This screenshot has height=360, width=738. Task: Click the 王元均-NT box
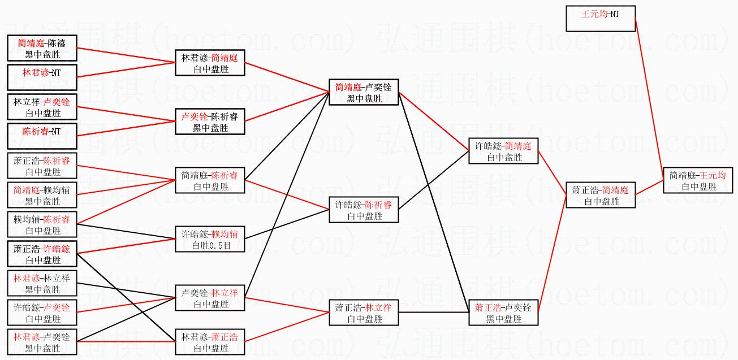[601, 18]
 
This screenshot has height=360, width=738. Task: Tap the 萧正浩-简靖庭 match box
[601, 196]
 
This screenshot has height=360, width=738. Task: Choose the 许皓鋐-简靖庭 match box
[503, 151]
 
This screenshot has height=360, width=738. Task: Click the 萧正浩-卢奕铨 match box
[503, 313]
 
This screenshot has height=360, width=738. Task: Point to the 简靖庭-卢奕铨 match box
[364, 93]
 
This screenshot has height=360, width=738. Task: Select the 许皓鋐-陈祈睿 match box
[364, 210]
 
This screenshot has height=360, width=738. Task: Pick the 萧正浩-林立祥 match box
[364, 313]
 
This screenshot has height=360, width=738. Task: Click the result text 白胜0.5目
[210, 246]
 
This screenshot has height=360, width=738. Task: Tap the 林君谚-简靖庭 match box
[210, 63]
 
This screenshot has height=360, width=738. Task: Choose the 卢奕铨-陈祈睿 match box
[210, 122]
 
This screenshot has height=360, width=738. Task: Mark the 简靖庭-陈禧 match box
[42, 49]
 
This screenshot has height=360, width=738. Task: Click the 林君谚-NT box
[42, 78]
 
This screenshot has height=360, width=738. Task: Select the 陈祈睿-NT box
[42, 137]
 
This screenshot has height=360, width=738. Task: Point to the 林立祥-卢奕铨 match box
[42, 107]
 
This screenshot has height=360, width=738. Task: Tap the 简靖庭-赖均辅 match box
[42, 196]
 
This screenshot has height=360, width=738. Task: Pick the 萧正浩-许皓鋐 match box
[42, 254]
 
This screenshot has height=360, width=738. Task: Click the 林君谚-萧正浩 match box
[210, 342]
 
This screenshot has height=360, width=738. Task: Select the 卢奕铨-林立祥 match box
[210, 298]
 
